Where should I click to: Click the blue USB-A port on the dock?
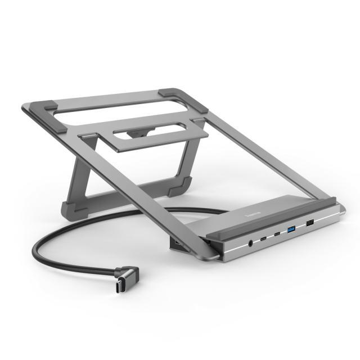point(291,229)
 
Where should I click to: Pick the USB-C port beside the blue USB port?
point(277,233)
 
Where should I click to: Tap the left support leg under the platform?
point(79,169)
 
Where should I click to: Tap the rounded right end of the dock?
point(339,211)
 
